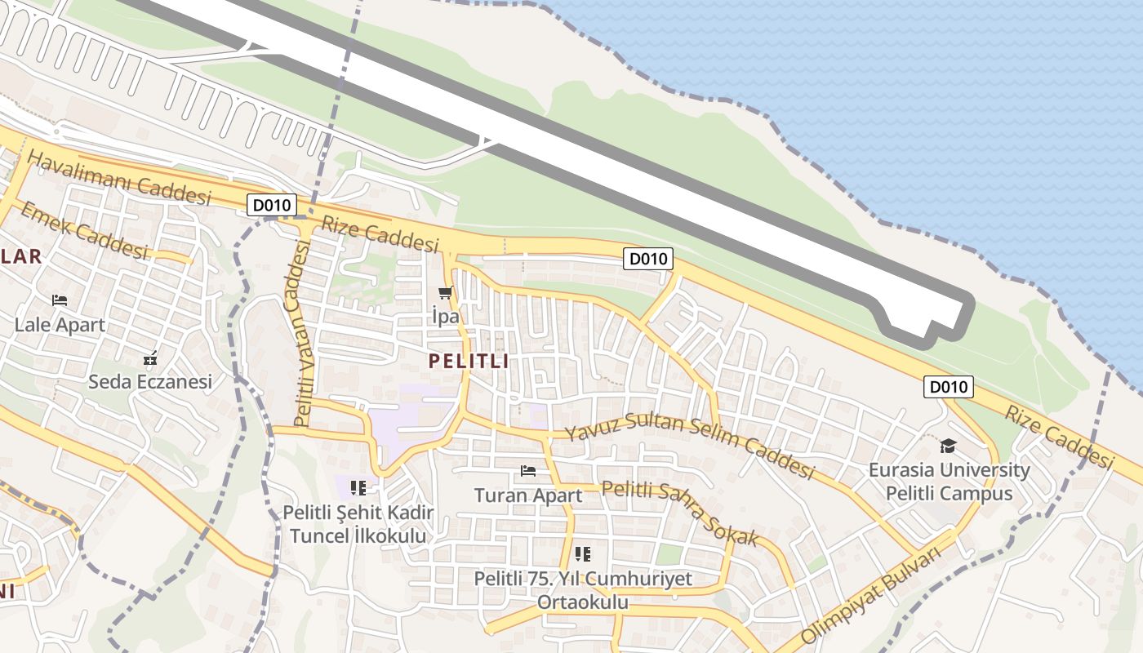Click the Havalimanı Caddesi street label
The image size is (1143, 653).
coord(119,178)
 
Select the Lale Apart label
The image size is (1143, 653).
coord(60,325)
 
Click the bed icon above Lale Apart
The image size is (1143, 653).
coord(60,300)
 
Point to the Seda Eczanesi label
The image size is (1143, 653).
coord(150,381)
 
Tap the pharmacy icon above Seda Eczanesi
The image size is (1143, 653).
coord(150,358)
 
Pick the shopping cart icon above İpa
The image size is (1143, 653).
coord(445,293)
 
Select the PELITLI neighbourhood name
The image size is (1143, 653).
coord(469,361)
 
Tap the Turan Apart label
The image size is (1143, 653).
coord(528,495)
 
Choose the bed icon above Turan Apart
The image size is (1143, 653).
coord(528,471)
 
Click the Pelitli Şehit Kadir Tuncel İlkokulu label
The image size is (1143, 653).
coord(358,524)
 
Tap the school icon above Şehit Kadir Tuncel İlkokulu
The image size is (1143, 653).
coord(358,488)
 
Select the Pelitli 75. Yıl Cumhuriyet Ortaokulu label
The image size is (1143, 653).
coord(583,590)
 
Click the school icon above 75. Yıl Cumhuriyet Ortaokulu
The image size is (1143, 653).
coord(583,555)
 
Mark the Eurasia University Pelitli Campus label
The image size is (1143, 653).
coord(949,482)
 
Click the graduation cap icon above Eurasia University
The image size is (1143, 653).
coord(948,446)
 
